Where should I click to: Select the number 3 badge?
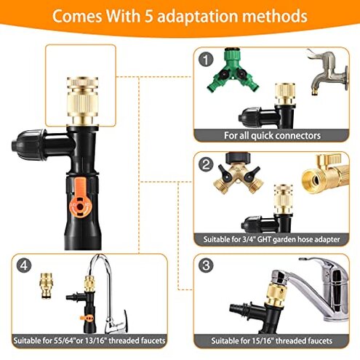tap(209, 266)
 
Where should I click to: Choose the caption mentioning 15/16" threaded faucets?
tap(273, 340)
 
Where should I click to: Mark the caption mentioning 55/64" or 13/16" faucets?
tap(91, 340)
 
